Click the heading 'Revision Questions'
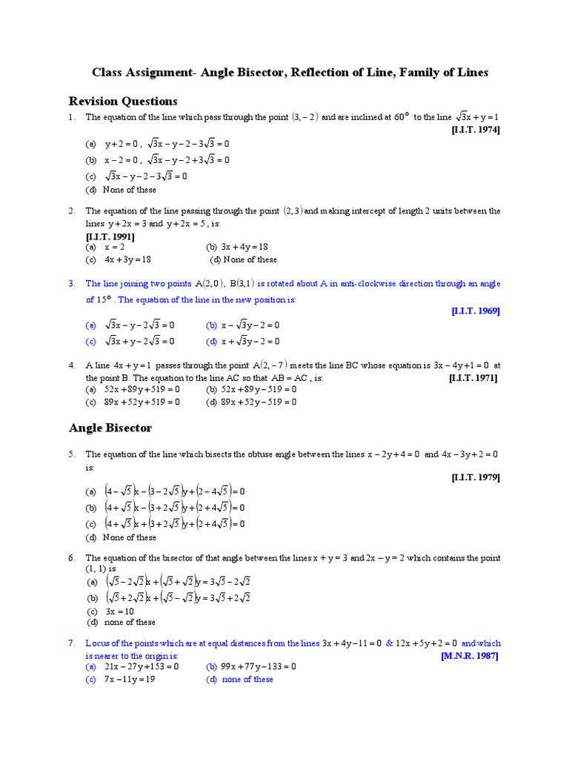click(123, 101)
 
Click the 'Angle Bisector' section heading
click(110, 428)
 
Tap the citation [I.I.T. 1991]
click(110, 236)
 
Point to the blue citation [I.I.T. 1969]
click(476, 311)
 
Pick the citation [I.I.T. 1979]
click(476, 477)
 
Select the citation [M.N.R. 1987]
click(470, 656)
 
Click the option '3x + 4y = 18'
click(244, 246)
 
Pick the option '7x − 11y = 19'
click(130, 680)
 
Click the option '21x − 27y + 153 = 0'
click(142, 666)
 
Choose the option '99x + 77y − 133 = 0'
click(259, 666)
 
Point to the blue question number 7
click(72, 643)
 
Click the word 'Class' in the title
click(107, 73)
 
